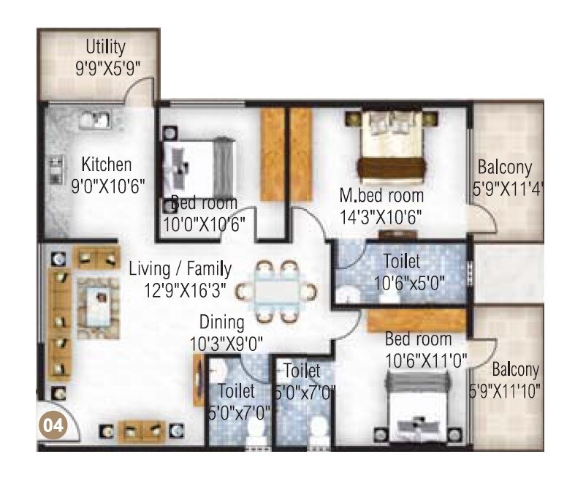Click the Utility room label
(x=105, y=48)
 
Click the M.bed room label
(x=381, y=196)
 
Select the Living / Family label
(x=180, y=268)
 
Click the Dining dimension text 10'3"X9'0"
(x=226, y=341)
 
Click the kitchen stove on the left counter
(x=54, y=170)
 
